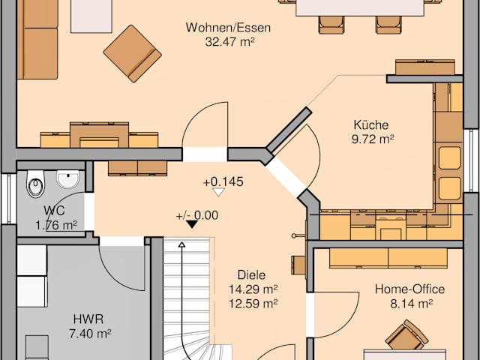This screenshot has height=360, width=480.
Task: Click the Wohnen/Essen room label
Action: (x=228, y=28)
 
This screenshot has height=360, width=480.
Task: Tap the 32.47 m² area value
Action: (x=228, y=42)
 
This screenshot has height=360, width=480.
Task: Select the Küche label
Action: (x=371, y=125)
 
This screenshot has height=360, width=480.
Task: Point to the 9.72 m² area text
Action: (x=371, y=139)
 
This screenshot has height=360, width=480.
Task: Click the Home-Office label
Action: (x=409, y=289)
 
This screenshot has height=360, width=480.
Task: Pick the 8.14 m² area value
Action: (x=409, y=304)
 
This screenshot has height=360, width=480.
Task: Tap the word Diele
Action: (x=251, y=275)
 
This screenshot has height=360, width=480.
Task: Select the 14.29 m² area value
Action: (x=253, y=289)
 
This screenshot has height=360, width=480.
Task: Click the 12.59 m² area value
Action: (x=253, y=303)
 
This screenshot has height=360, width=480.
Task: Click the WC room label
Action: (x=53, y=211)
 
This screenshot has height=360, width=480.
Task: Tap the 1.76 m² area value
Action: (x=55, y=224)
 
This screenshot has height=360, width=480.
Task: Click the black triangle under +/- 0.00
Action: (x=192, y=223)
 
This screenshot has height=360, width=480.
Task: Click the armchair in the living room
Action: (x=132, y=53)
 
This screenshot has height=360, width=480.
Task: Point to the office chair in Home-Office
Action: (x=406, y=335)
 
